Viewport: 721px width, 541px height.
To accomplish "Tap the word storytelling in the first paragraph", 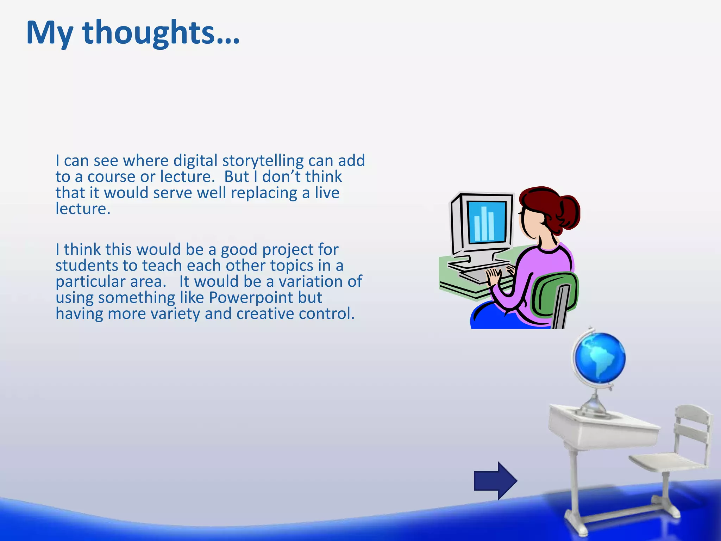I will [x=263, y=161].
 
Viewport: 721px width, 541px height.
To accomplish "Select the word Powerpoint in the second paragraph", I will [x=251, y=298].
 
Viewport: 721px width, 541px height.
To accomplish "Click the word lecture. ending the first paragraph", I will [x=83, y=209].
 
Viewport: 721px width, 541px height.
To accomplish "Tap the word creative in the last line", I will [x=265, y=314].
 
